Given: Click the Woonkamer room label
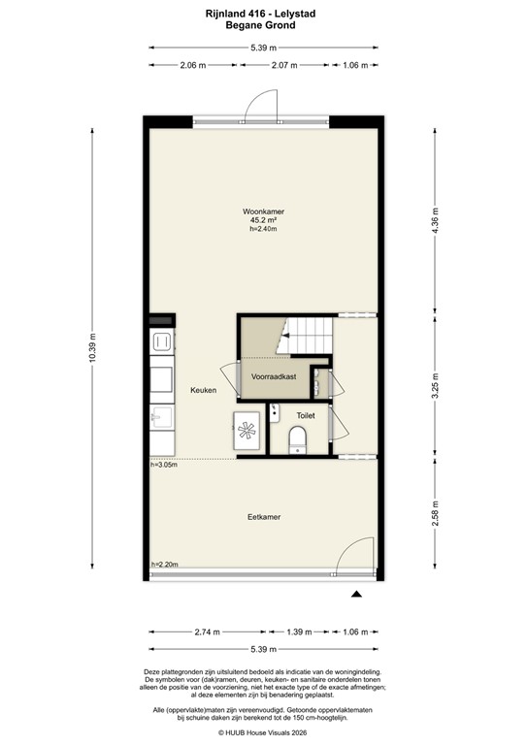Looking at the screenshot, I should pyautogui.click(x=263, y=211).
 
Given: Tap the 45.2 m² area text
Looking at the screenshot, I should pyautogui.click(x=263, y=220).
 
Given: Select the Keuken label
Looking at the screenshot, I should pyautogui.click(x=203, y=390).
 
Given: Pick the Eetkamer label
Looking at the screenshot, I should pyautogui.click(x=263, y=517).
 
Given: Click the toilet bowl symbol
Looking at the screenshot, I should pyautogui.click(x=299, y=437).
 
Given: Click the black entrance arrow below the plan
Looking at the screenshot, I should pyautogui.click(x=357, y=595).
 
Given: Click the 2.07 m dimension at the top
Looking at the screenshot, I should pyautogui.click(x=283, y=65).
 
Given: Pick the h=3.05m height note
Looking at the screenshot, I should pyautogui.click(x=165, y=465).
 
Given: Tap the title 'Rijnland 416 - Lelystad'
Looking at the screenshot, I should pyautogui.click(x=263, y=13).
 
